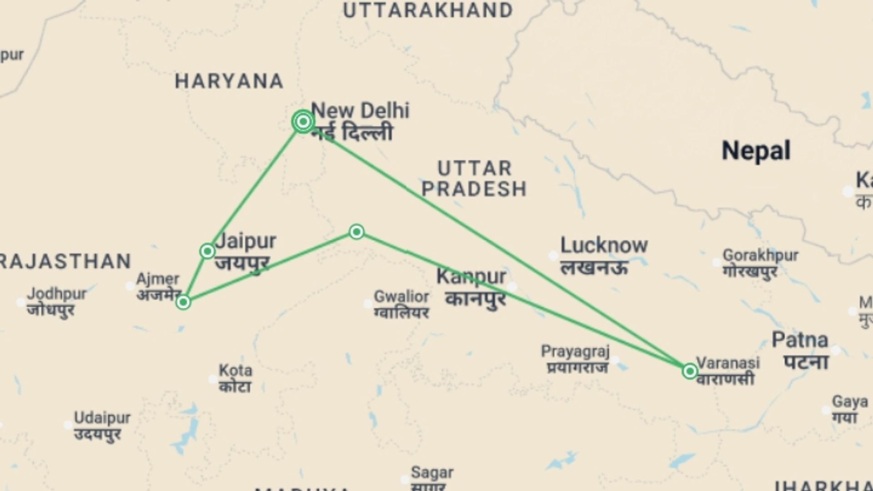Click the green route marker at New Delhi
(303, 121)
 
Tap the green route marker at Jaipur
(207, 251)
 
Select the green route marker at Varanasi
(690, 371)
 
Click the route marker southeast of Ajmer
(183, 302)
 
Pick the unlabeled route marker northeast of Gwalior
(356, 232)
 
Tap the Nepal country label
(756, 151)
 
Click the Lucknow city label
(603, 246)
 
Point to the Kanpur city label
(471, 277)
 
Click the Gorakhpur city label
(760, 256)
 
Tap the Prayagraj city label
(575, 351)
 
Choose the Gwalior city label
(401, 297)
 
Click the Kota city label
(235, 371)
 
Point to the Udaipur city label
(102, 418)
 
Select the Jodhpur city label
(56, 294)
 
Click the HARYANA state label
(229, 82)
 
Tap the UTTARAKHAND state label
(428, 10)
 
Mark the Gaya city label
(849, 402)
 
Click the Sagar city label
(432, 473)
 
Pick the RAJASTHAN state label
(66, 262)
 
